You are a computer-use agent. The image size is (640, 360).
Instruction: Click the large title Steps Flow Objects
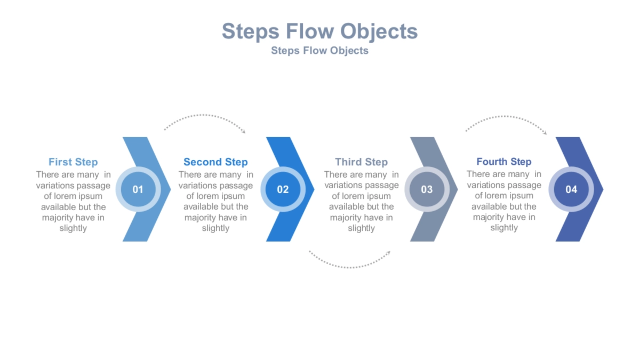pyautogui.click(x=319, y=31)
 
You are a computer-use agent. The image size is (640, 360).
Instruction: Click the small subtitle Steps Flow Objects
pyautogui.click(x=319, y=51)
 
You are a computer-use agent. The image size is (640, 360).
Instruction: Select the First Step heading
pyautogui.click(x=73, y=162)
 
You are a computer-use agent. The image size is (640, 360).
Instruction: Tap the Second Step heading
pyautogui.click(x=215, y=162)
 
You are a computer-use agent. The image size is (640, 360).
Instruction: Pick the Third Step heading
pyautogui.click(x=361, y=162)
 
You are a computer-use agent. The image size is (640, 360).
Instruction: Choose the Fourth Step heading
pyautogui.click(x=504, y=162)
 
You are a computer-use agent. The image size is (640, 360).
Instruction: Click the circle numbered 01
pyautogui.click(x=138, y=189)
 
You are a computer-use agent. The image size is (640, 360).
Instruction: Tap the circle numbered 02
pyautogui.click(x=283, y=189)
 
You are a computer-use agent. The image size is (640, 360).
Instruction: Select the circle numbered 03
pyautogui.click(x=427, y=189)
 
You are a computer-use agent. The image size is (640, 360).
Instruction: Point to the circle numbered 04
pyautogui.click(x=571, y=189)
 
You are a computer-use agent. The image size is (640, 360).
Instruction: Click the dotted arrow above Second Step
pyautogui.click(x=205, y=118)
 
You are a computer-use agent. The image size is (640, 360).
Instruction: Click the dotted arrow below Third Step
pyautogui.click(x=349, y=262)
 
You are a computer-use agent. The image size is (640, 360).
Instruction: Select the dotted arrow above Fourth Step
pyautogui.click(x=507, y=118)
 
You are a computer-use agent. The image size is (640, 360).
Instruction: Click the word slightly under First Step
pyautogui.click(x=73, y=228)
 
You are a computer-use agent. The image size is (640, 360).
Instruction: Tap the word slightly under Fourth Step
pyautogui.click(x=504, y=228)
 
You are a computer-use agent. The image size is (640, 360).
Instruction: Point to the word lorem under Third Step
pyautogui.click(x=354, y=196)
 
